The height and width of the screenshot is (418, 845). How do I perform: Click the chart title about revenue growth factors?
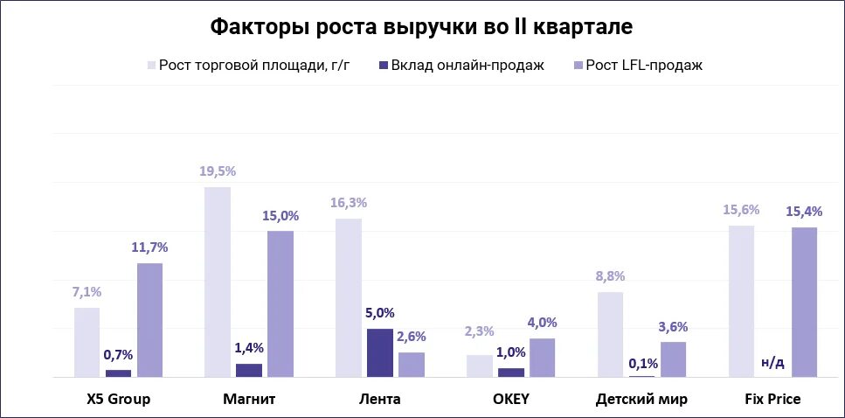[422, 27]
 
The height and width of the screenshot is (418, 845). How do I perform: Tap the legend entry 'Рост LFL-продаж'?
[643, 66]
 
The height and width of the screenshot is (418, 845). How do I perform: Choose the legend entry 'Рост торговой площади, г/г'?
[254, 66]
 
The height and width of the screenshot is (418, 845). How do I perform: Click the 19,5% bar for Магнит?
[218, 282]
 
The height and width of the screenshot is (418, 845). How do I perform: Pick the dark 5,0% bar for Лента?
[380, 353]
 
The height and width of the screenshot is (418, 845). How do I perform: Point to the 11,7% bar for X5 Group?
[149, 320]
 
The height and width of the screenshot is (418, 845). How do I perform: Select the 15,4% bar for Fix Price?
[804, 302]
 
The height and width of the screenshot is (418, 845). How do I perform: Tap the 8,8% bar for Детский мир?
[611, 334]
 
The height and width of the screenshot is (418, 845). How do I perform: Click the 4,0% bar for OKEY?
[542, 358]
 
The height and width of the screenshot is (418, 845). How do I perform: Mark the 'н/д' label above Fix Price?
[772, 361]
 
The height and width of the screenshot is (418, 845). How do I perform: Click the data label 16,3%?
[349, 203]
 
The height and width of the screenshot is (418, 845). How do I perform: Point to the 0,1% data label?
[641, 362]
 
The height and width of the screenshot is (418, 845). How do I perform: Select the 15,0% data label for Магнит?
[281, 215]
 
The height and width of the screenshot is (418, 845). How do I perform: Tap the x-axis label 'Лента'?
[380, 400]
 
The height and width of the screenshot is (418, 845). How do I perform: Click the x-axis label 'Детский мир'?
[641, 400]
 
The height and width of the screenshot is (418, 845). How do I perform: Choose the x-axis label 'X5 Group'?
[119, 400]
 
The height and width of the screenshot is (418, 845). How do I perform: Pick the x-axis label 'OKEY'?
[511, 400]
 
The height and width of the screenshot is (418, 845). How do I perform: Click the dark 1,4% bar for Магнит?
[249, 370]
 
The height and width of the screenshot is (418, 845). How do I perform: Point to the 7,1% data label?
[87, 292]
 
